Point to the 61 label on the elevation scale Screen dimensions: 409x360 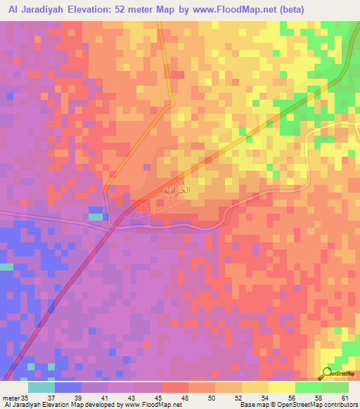coord(344,398)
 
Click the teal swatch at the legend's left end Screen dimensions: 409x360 coord(41,387)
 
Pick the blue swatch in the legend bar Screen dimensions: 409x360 coord(67,387)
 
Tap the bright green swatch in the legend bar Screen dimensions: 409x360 coord(308,387)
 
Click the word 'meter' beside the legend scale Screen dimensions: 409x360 coord(11,398)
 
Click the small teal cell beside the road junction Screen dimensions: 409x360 coord(96,216)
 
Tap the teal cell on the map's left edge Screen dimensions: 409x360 coord(6,267)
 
